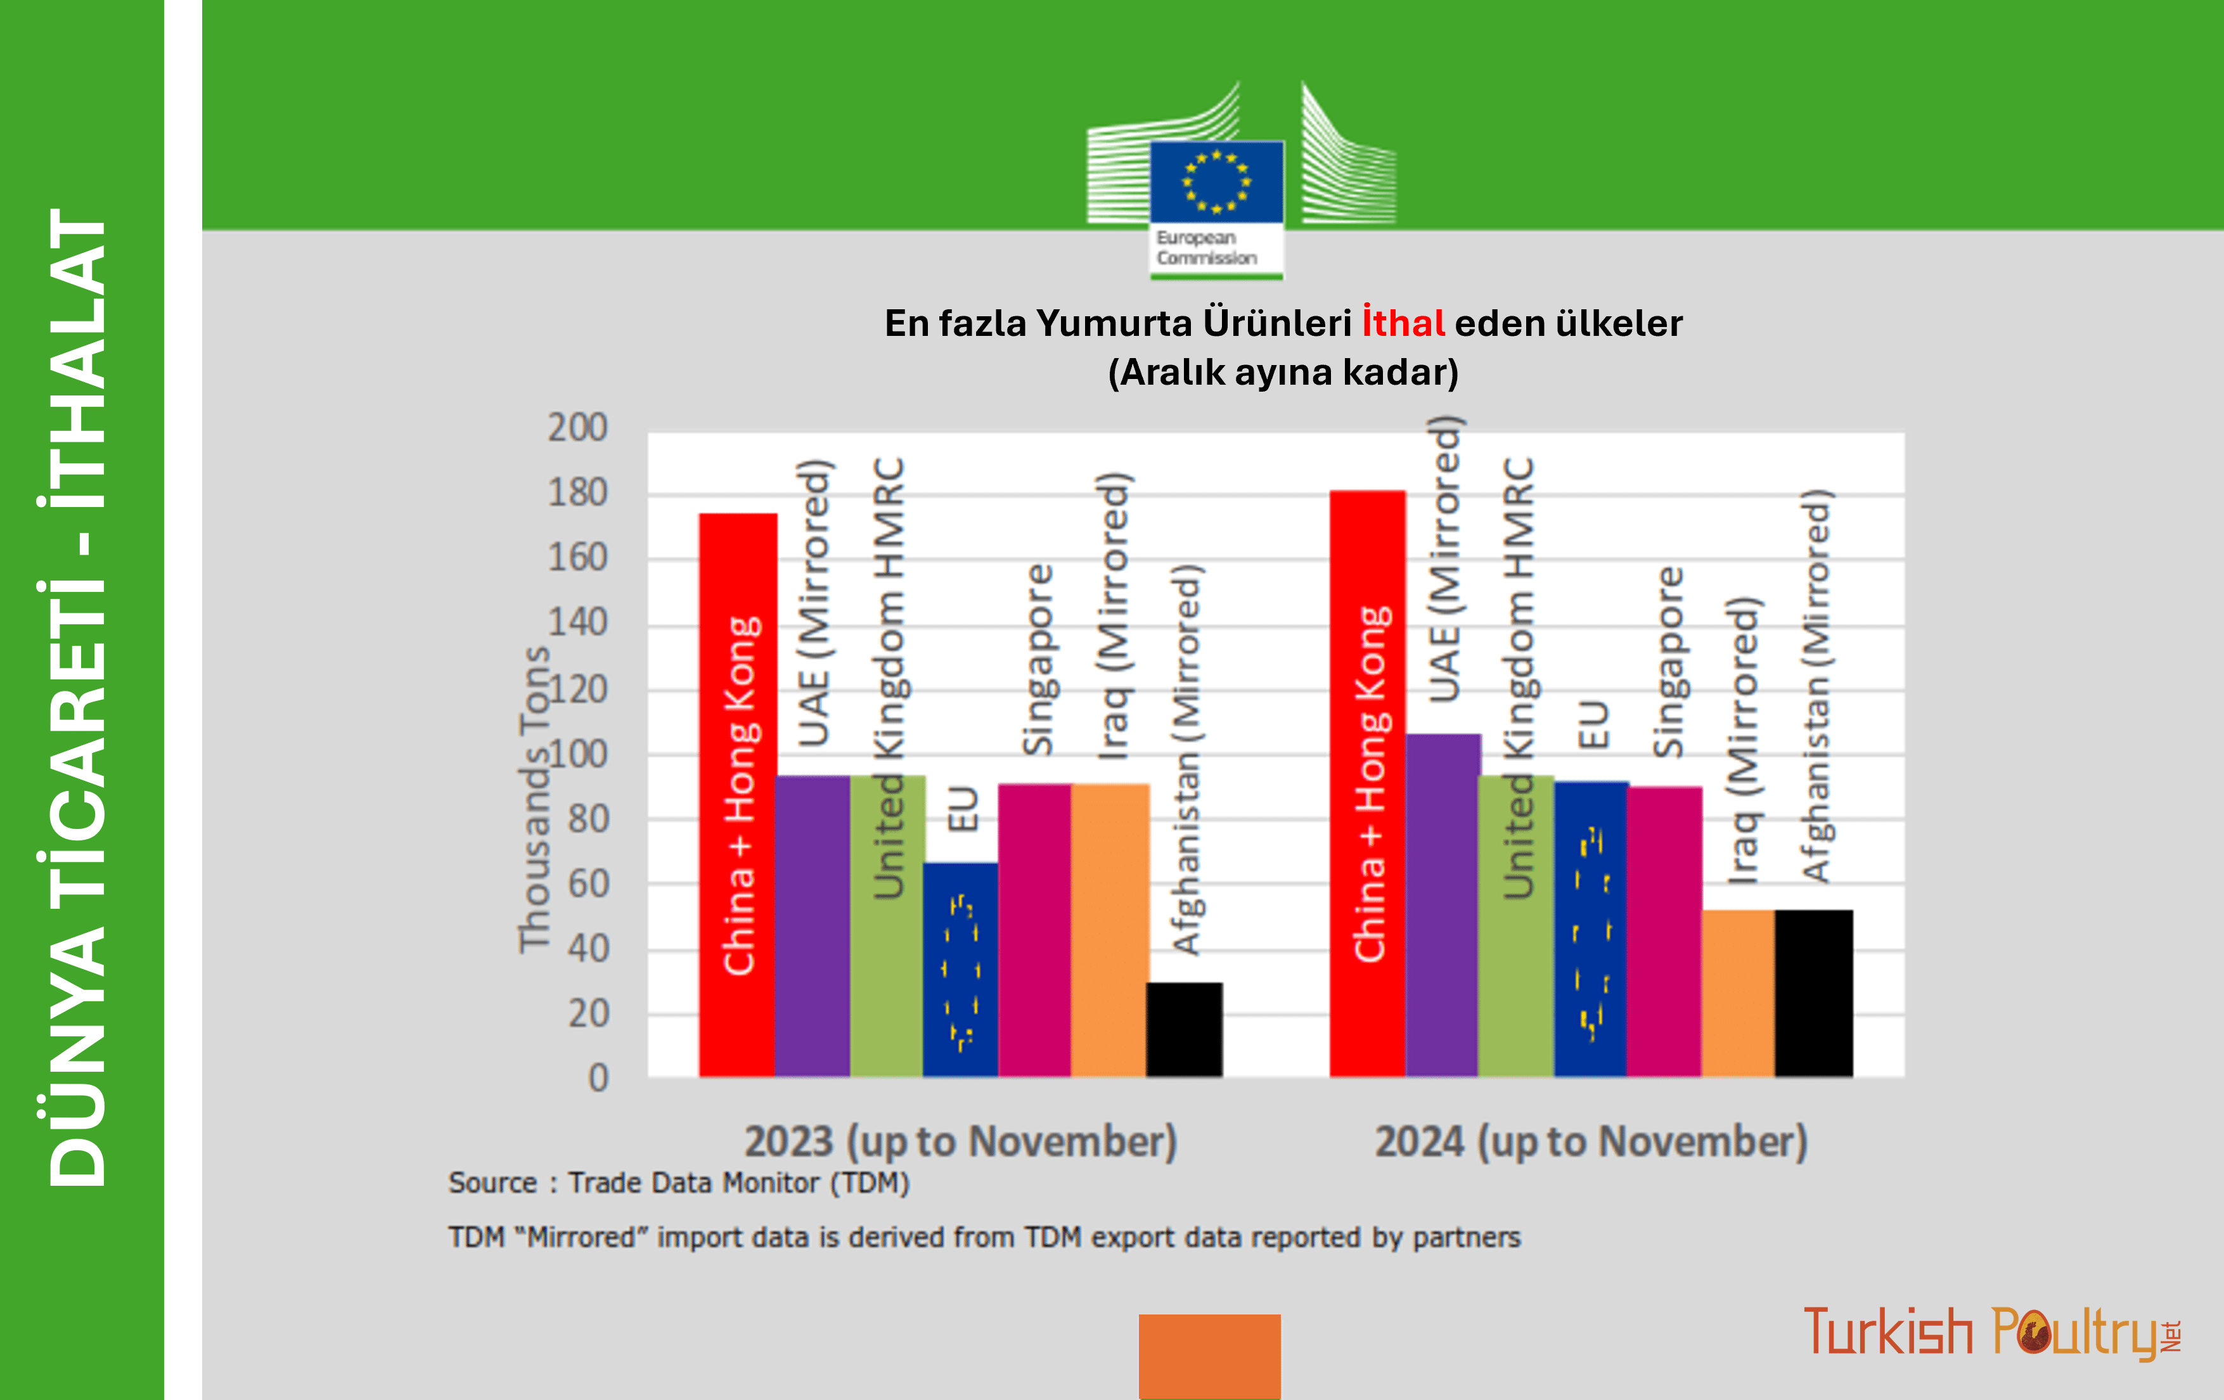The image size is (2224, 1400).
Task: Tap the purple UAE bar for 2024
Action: (x=1442, y=905)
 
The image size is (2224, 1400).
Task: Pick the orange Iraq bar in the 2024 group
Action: (x=1738, y=994)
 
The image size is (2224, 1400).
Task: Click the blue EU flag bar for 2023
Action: (x=961, y=970)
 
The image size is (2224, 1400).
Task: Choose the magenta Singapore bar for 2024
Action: (x=1664, y=932)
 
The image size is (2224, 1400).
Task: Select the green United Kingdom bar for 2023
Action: (x=887, y=926)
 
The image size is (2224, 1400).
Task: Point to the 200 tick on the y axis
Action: (x=578, y=428)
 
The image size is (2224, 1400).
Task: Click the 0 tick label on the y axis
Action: (x=598, y=1077)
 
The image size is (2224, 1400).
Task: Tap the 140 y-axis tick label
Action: (x=578, y=622)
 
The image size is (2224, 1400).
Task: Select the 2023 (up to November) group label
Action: (x=961, y=1141)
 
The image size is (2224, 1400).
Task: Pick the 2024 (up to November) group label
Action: (x=1591, y=1141)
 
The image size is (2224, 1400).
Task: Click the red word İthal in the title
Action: (x=1403, y=323)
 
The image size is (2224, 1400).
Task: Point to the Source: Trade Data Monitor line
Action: (x=679, y=1183)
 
